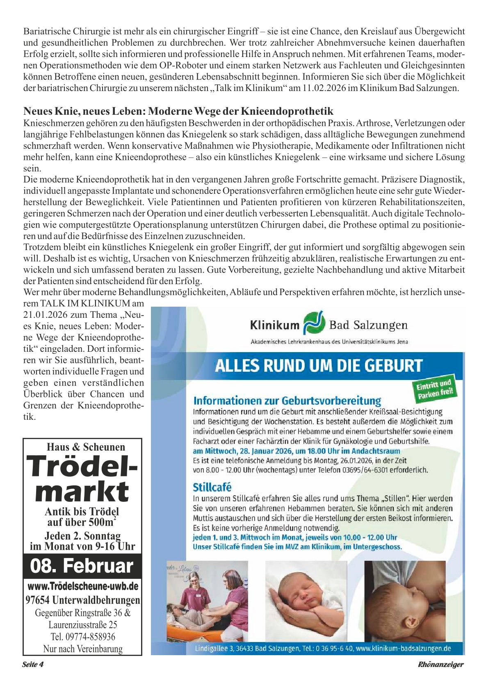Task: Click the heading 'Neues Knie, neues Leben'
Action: click(x=178, y=111)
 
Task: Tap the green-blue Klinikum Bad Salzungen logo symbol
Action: click(x=314, y=323)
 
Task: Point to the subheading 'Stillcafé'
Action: click(x=212, y=487)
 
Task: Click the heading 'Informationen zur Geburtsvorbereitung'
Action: click(x=287, y=401)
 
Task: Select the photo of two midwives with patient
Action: click(x=207, y=600)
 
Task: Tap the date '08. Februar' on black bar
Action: click(x=82, y=566)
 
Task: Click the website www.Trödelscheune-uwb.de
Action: click(x=82, y=586)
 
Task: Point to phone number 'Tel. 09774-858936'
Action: click(x=82, y=637)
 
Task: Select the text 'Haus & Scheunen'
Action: click(x=86, y=447)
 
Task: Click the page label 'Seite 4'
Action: click(x=33, y=665)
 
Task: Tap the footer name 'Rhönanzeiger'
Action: click(x=440, y=665)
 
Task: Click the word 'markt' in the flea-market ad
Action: click(x=82, y=492)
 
